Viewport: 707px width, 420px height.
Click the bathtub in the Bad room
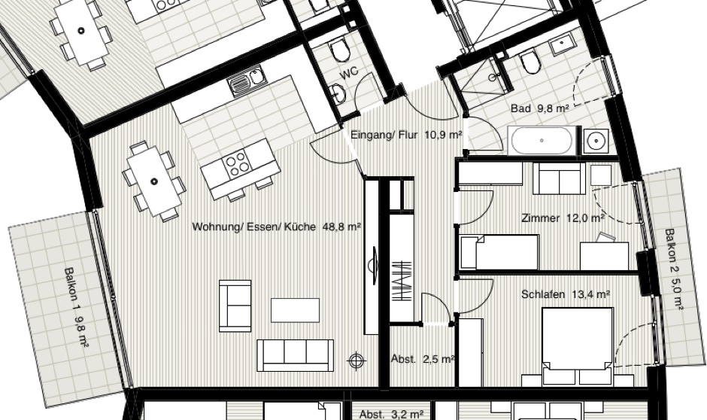(x=542, y=140)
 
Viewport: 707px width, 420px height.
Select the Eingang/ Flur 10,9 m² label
(x=406, y=135)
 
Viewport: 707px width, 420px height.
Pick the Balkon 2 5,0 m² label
(x=674, y=269)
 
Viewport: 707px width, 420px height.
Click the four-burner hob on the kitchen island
(x=237, y=163)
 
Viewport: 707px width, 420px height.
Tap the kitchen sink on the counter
(x=246, y=81)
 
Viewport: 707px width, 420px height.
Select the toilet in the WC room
(x=339, y=49)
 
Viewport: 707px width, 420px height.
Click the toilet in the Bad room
(x=529, y=62)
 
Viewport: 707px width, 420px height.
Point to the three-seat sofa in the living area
(x=296, y=355)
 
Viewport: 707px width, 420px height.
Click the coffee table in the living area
(x=296, y=310)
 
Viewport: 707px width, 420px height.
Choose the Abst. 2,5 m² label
(x=423, y=359)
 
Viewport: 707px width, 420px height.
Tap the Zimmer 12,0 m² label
(x=563, y=218)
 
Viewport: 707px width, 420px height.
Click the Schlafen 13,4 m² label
(x=566, y=294)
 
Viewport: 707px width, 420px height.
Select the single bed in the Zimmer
(x=499, y=252)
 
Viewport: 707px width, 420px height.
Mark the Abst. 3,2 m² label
(x=391, y=414)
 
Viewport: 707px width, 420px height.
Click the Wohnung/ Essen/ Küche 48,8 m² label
(x=276, y=227)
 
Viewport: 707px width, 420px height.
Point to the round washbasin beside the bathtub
(x=596, y=142)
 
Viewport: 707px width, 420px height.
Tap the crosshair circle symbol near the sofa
(x=357, y=360)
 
